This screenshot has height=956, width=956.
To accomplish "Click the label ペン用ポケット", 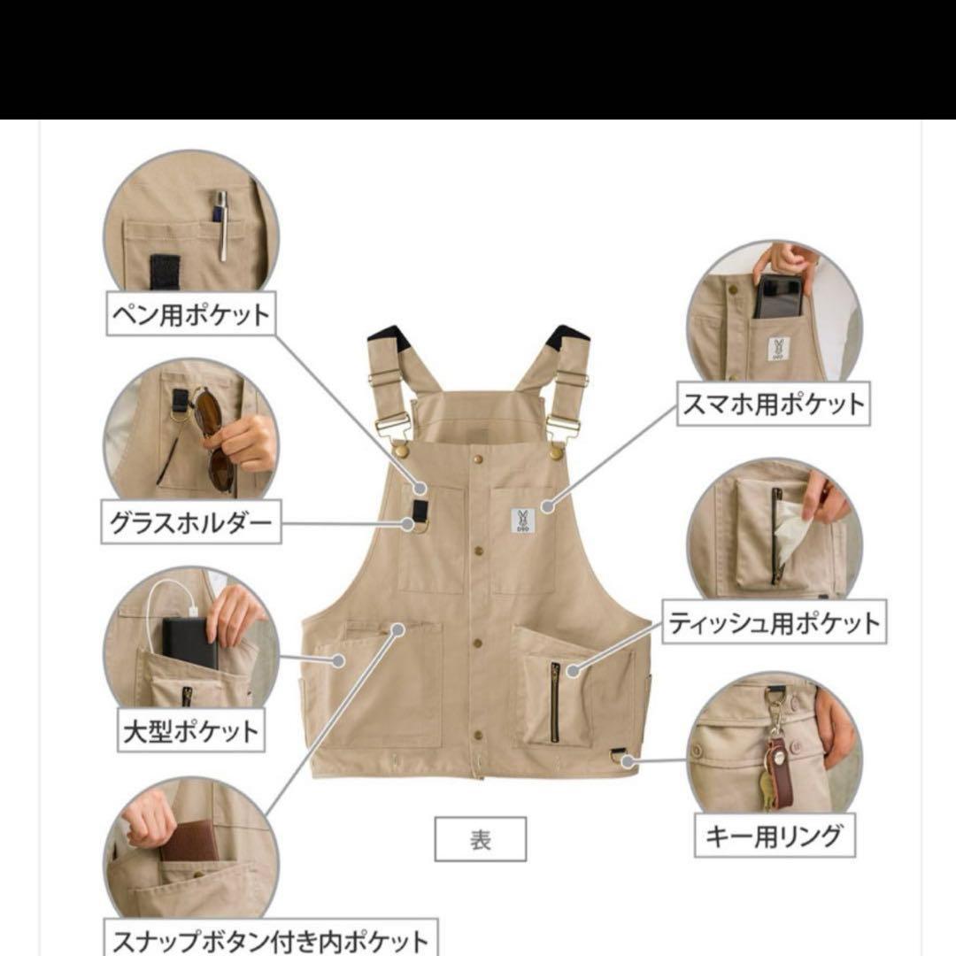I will point(189,315).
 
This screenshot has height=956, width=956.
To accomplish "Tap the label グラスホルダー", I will point(189,525).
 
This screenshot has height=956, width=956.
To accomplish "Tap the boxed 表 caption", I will point(480,838).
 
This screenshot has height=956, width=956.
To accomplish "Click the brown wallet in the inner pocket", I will point(189,840).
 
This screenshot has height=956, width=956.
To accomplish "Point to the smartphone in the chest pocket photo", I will point(778,297).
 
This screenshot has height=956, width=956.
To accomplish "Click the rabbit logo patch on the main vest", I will point(522,520).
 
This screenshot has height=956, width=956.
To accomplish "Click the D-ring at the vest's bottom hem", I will point(621,755).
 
